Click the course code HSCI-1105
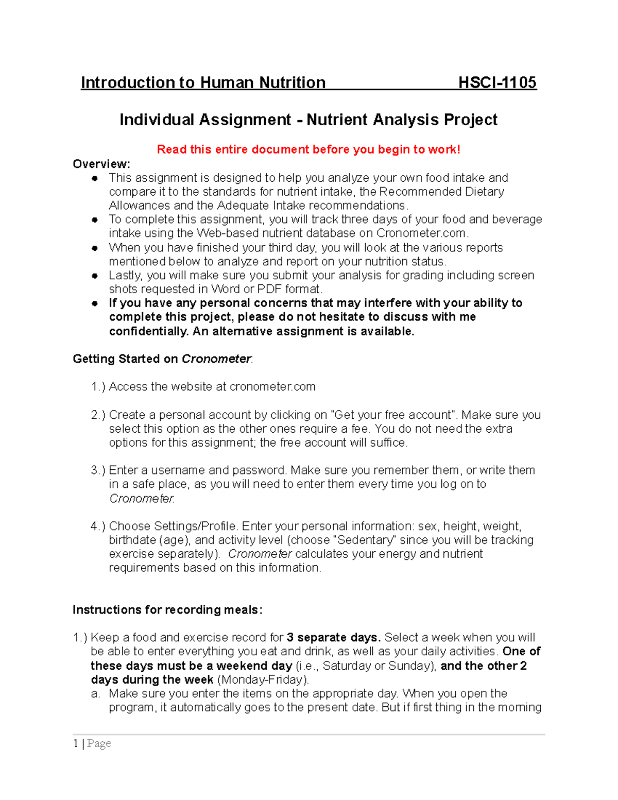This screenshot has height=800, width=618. coord(497,82)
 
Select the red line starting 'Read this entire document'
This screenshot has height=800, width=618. coord(308,149)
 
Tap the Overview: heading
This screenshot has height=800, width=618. coord(101,164)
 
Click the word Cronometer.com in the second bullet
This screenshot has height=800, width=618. coord(421,233)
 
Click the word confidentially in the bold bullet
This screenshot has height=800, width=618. coord(148,331)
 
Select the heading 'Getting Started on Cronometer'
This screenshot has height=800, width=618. coord(162,359)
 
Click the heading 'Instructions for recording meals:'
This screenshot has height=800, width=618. coord(167,610)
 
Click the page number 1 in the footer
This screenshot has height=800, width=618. coord(76,743)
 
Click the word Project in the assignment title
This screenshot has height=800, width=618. coord(470,120)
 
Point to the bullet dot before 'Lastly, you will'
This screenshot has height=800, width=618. coord(95,276)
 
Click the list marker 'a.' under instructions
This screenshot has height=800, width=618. coord(95,693)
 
